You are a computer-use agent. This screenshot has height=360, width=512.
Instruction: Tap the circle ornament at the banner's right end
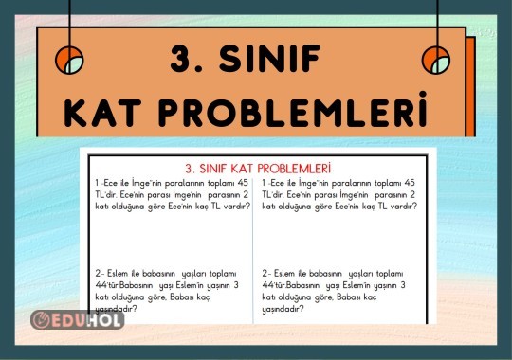pyautogui.click(x=436, y=60)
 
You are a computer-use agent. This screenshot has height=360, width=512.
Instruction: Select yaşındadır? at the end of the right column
pyautogui.click(x=283, y=308)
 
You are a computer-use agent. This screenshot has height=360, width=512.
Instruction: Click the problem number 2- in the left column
pyautogui.click(x=100, y=272)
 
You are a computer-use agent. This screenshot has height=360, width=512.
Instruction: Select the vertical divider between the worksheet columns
pyautogui.click(x=253, y=246)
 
